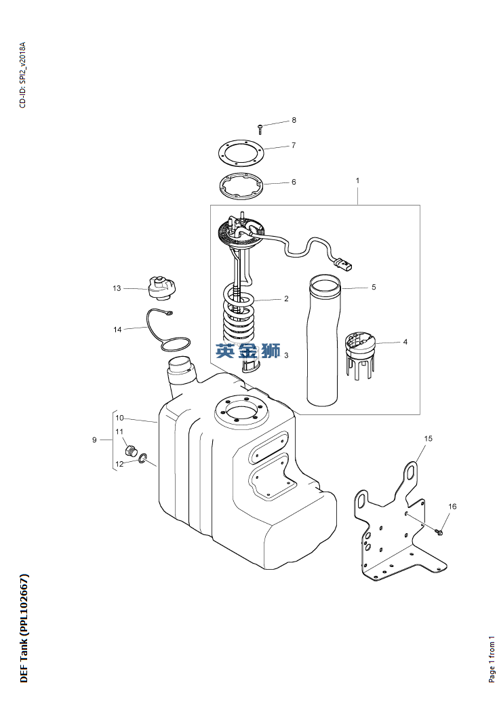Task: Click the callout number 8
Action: tap(294, 120)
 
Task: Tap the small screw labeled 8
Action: tap(260, 129)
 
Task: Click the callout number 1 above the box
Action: tap(357, 180)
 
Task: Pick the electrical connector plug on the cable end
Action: tap(345, 265)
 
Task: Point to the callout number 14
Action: tap(117, 330)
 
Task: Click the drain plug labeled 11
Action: tap(130, 450)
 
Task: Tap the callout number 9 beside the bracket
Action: tap(94, 440)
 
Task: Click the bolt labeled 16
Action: tap(438, 532)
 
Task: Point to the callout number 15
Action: tap(428, 438)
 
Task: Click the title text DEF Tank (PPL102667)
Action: tap(24, 627)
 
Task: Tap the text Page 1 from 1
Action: tap(492, 659)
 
